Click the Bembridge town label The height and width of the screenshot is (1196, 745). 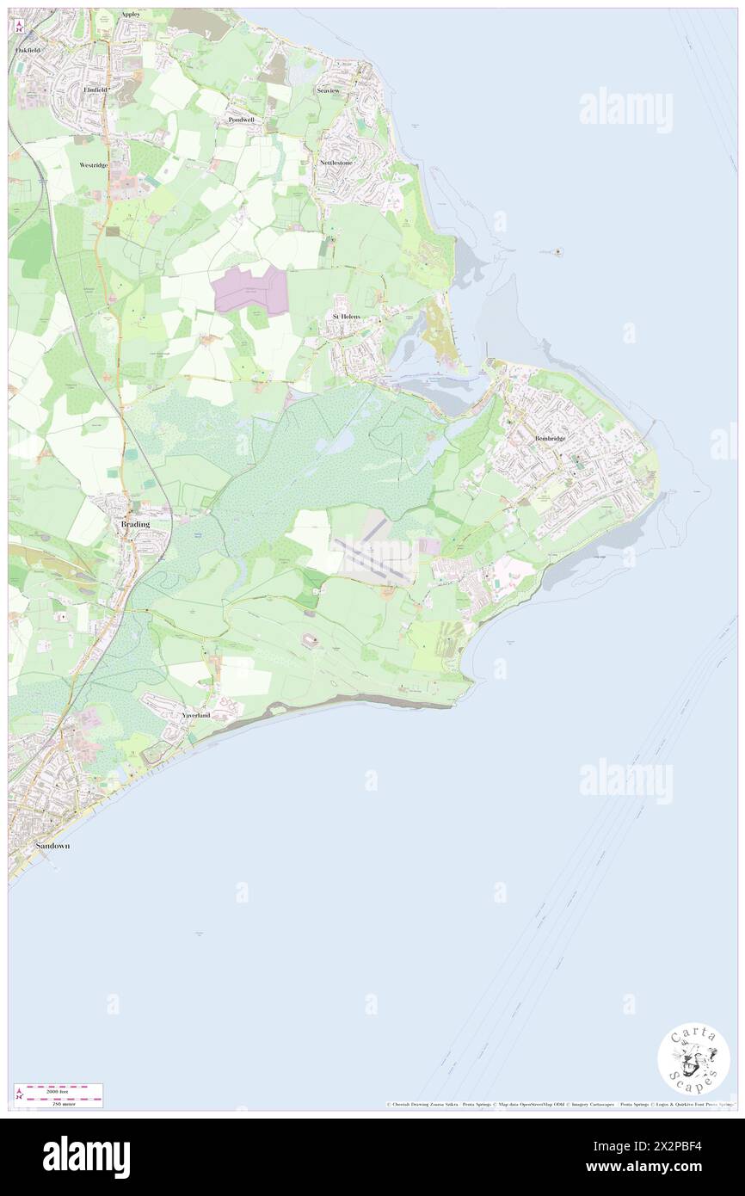click(550, 438)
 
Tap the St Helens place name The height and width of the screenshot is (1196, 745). click(346, 317)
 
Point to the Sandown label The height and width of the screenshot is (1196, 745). click(52, 846)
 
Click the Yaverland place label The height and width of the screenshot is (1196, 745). click(195, 715)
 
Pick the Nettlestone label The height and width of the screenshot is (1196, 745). click(336, 162)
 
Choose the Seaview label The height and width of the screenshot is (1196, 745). click(329, 89)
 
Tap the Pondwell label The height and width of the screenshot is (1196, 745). click(242, 120)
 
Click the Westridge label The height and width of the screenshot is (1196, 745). click(93, 163)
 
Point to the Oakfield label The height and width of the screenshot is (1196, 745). click(27, 51)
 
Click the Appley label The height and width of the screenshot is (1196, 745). click(130, 15)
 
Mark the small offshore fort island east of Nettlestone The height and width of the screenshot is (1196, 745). click(559, 252)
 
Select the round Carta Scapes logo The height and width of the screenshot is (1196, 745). click(693, 1060)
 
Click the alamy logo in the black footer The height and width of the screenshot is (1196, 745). click(86, 1156)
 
